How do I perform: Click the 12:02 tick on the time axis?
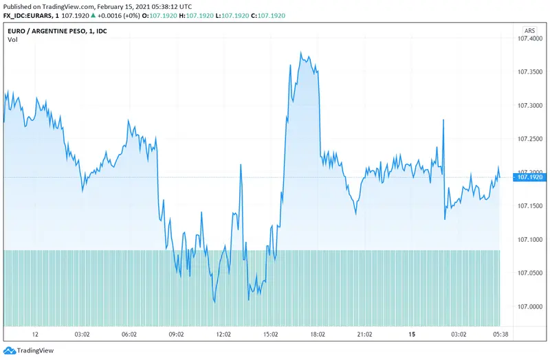tap(223, 335)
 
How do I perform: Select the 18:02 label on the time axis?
tap(317, 335)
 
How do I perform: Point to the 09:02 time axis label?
tap(176, 335)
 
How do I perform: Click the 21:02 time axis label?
tap(364, 335)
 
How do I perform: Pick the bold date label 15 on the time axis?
tap(411, 335)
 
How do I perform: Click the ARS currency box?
tap(529, 31)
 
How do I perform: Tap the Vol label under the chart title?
tap(12, 41)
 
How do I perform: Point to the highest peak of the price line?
tap(301, 52)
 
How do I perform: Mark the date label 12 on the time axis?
tap(35, 335)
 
